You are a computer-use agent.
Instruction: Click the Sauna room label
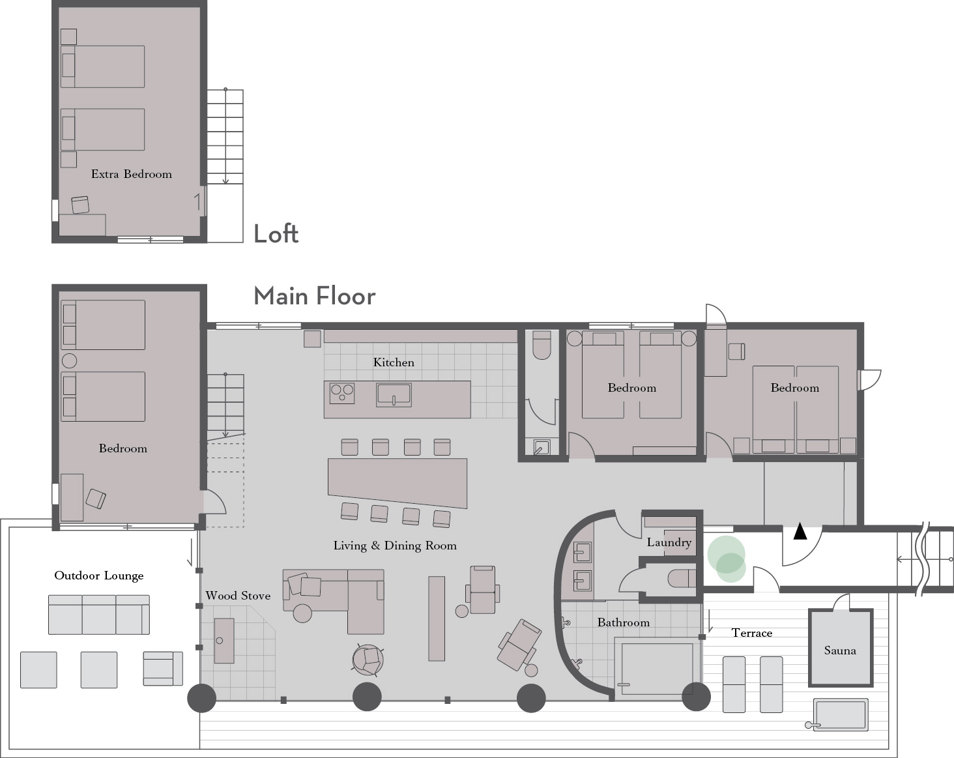point(839,650)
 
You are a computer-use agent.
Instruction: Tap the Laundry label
point(669,542)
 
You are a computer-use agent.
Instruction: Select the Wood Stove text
point(238,596)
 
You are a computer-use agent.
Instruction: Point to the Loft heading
point(276,233)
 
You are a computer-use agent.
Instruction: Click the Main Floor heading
point(314,297)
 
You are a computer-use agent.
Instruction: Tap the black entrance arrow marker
point(800,531)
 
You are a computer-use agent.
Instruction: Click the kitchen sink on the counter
point(394,395)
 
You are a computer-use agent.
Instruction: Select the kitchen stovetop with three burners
point(342,394)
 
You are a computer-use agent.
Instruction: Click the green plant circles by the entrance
point(727,559)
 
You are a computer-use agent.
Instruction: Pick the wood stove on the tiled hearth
point(224,641)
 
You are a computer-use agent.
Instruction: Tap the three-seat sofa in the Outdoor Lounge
point(99,615)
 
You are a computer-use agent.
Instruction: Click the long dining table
point(397,482)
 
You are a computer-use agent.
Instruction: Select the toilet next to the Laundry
point(682,579)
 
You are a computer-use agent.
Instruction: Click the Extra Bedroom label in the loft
point(131,174)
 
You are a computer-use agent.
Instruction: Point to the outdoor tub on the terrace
point(837,714)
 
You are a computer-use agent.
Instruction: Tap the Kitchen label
point(394,362)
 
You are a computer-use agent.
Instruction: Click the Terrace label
point(752,633)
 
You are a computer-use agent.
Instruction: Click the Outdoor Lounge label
point(99,576)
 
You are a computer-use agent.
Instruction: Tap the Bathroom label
point(623,622)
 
